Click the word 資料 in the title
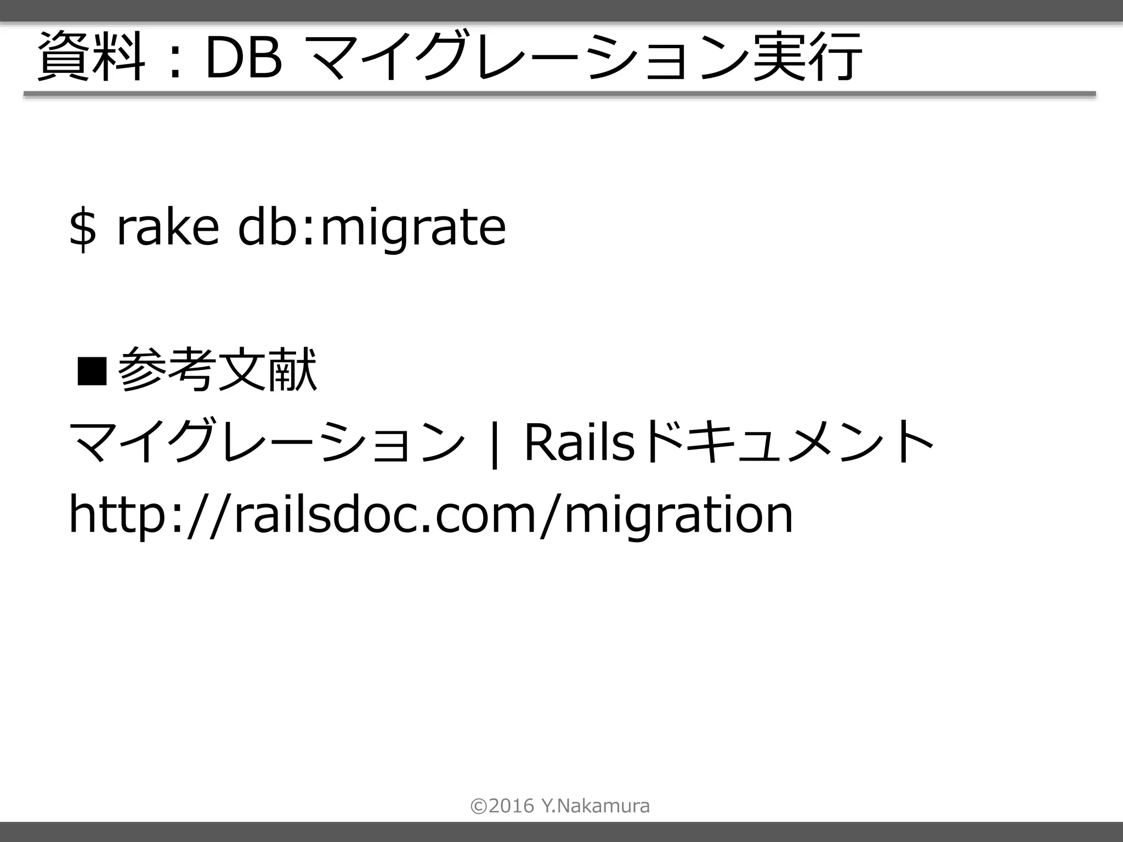pos(91,57)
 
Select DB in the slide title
pos(243,58)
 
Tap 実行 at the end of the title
pos(807,57)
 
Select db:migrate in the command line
pos(371,227)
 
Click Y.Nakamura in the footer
pos(595,806)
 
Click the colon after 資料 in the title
pos(175,60)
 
